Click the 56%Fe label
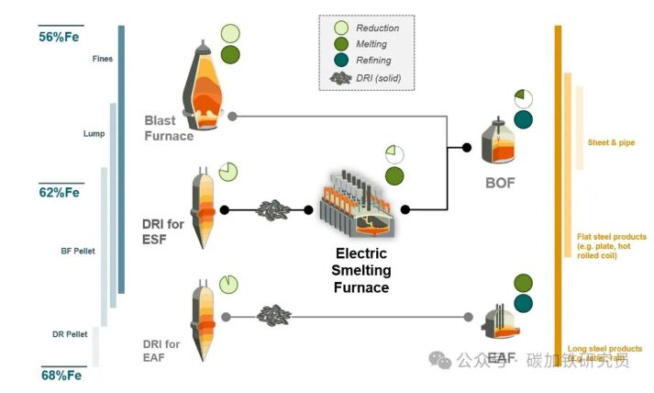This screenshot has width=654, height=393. point(60,38)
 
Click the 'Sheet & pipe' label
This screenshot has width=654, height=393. point(612,142)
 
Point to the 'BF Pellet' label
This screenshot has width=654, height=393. point(78,251)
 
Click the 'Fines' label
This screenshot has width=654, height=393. point(103,60)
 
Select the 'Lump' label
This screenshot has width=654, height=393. point(94,134)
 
